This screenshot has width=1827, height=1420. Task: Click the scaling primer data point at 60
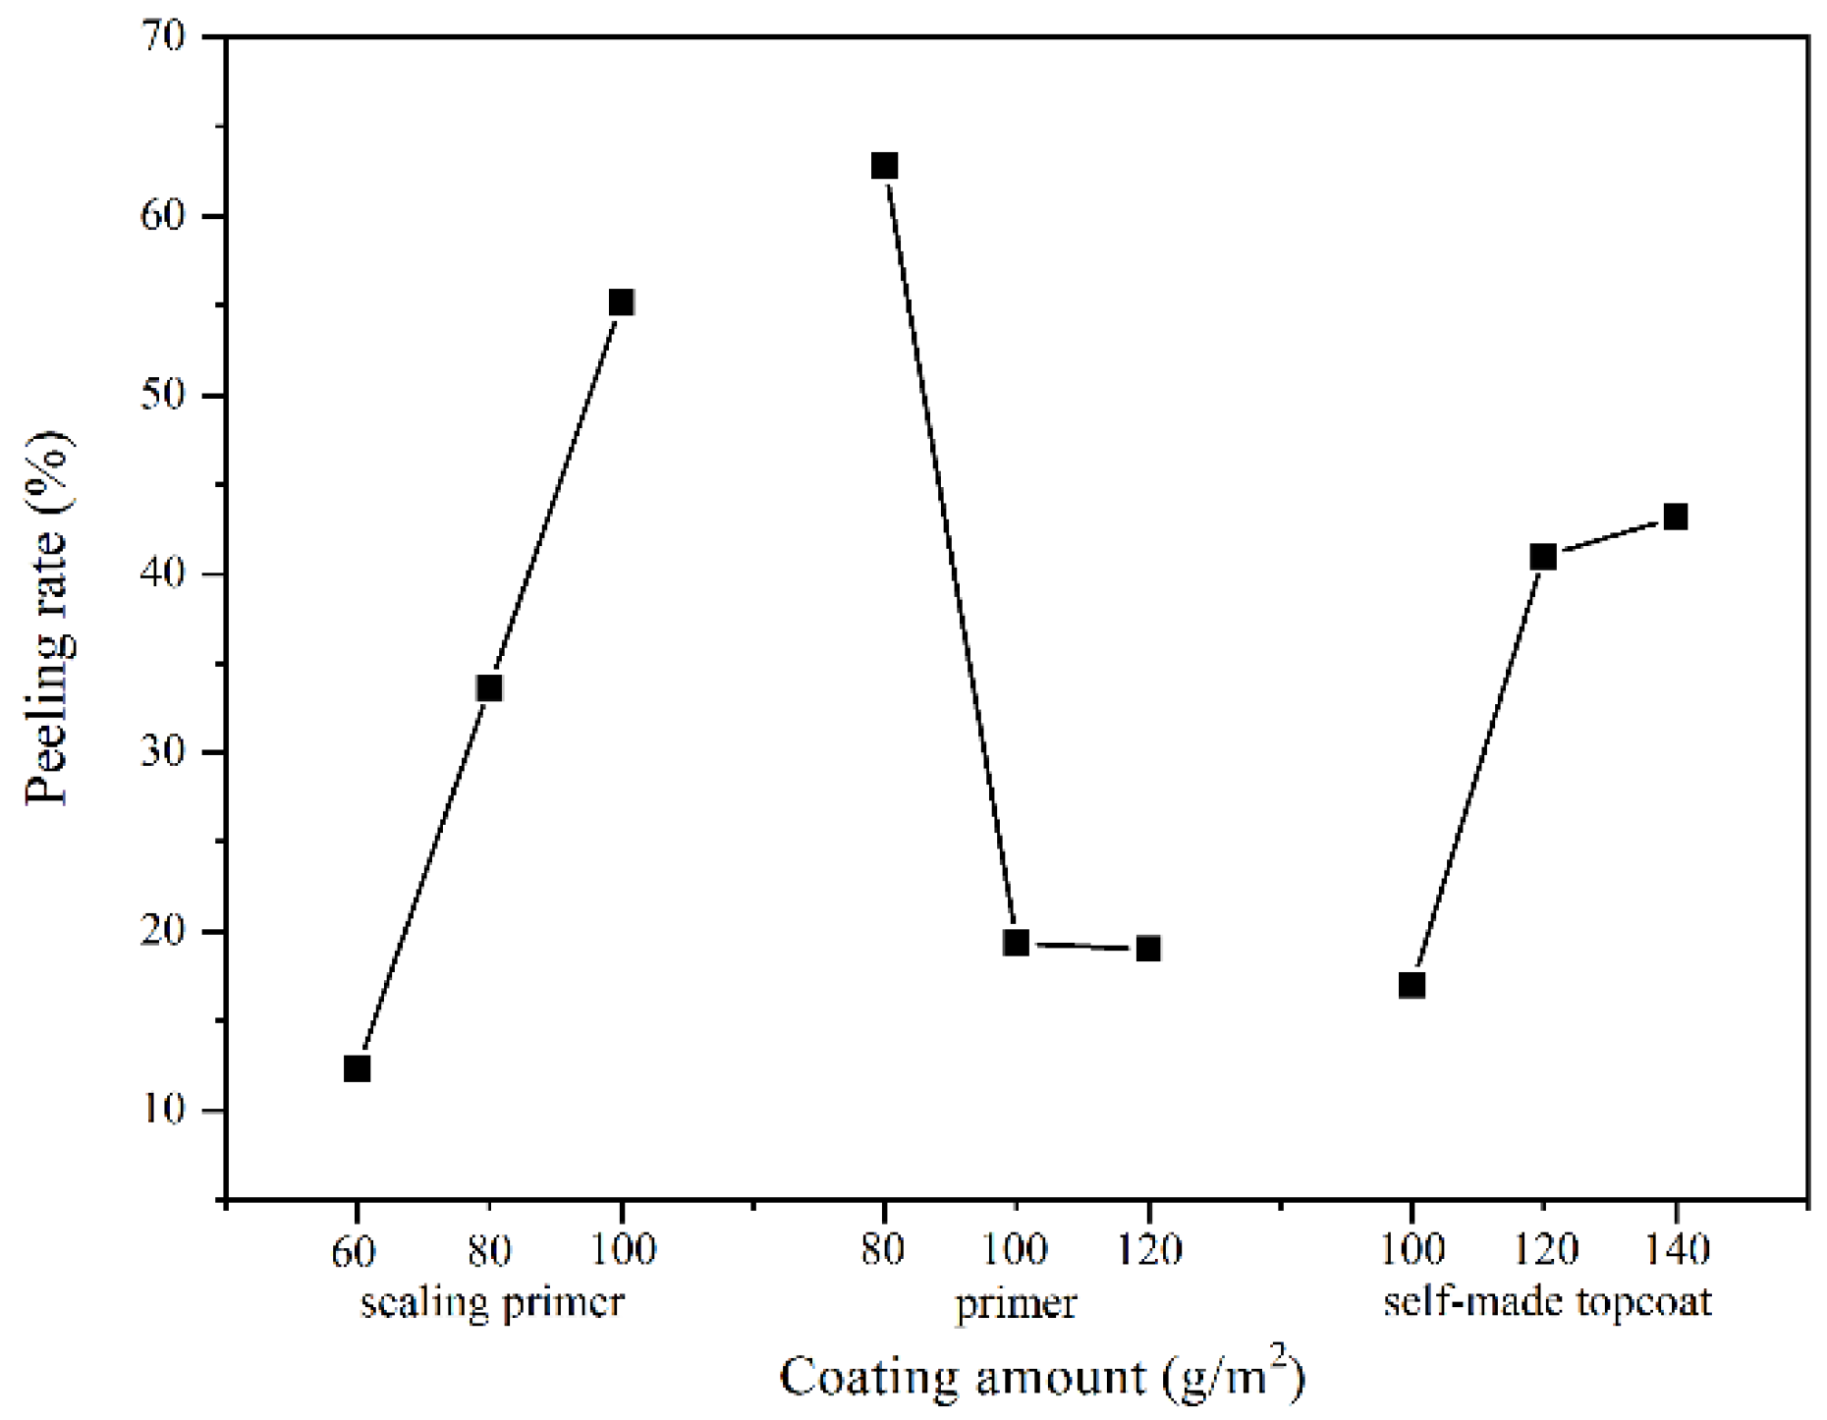[357, 1068]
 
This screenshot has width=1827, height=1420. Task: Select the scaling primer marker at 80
[489, 687]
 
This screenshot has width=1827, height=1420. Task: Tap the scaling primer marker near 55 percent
[621, 301]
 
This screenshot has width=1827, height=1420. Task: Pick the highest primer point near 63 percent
[884, 165]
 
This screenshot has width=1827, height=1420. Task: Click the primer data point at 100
[1016, 943]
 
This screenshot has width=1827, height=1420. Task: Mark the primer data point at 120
[1148, 949]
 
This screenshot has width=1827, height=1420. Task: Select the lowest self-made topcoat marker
[1412, 985]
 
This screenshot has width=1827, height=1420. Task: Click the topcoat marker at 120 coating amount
[1543, 557]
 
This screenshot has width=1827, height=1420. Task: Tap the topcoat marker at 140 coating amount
[1676, 517]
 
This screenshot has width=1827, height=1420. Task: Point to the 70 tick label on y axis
[164, 37]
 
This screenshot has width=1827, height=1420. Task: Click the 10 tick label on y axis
[164, 1111]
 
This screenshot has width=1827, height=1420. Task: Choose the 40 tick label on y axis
[164, 574]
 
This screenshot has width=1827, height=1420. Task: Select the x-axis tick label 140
[1676, 1251]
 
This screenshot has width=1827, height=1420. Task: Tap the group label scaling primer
[491, 1304]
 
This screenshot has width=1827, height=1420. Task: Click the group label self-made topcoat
[1547, 1302]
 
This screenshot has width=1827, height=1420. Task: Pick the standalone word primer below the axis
[1016, 1306]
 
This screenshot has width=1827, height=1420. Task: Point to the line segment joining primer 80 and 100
[950, 554]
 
